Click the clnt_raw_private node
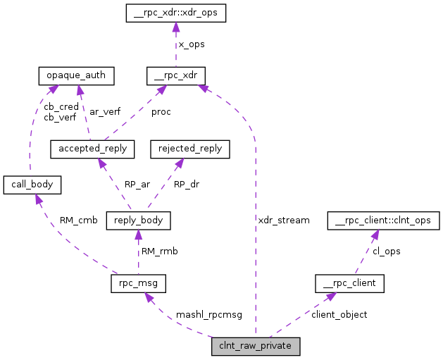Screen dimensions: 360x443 (x=256, y=346)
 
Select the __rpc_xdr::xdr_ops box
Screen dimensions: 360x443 (x=176, y=13)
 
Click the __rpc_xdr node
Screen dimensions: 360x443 (x=176, y=74)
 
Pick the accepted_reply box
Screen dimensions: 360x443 (x=92, y=149)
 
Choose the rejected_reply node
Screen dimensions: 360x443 (x=190, y=149)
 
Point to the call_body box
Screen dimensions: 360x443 (x=32, y=185)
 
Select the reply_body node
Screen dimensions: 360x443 (x=138, y=221)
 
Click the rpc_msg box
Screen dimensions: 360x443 (x=138, y=284)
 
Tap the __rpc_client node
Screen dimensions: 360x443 (x=349, y=284)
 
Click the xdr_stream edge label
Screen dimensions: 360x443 (x=284, y=221)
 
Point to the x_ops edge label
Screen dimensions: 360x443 (x=191, y=44)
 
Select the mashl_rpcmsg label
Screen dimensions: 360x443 (x=208, y=315)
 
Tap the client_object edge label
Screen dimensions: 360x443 (x=339, y=315)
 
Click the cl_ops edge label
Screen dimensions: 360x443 (x=387, y=252)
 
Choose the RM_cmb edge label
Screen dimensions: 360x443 (x=78, y=221)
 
